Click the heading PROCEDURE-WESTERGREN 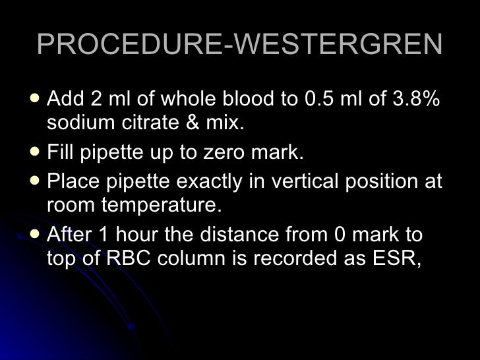point(239,45)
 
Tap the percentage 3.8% point(415,100)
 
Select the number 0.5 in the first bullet point(320,100)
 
